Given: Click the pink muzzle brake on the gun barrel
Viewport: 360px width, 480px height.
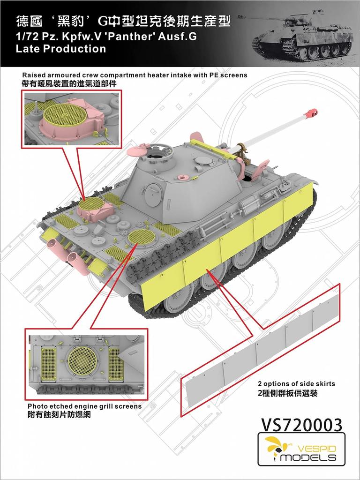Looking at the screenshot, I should pyautogui.click(x=311, y=112).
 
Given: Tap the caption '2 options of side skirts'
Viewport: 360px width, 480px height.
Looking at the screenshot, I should pyautogui.click(x=296, y=383).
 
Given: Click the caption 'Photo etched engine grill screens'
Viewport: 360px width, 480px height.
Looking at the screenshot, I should pyautogui.click(x=84, y=406).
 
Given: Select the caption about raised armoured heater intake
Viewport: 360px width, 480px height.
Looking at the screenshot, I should pyautogui.click(x=135, y=75).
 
